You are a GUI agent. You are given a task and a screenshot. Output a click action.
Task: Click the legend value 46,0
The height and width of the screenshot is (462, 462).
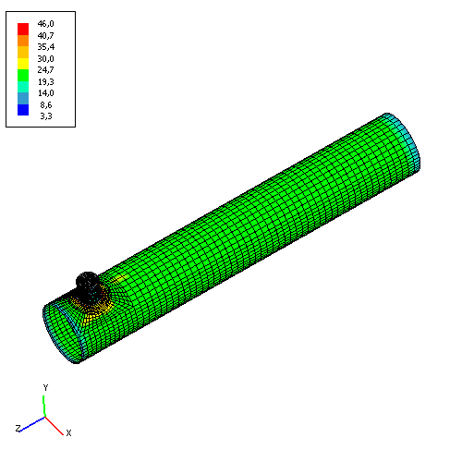click(x=45, y=24)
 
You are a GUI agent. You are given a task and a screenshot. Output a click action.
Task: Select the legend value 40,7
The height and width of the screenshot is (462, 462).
click(x=45, y=35)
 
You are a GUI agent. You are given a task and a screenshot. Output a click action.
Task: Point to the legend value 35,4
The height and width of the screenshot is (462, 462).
click(x=46, y=47)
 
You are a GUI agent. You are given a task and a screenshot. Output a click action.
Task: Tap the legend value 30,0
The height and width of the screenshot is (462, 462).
click(x=45, y=58)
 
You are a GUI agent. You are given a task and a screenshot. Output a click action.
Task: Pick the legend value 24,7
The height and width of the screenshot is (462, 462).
click(x=45, y=70)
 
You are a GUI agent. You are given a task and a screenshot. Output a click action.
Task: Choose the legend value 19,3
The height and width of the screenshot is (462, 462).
click(x=46, y=81)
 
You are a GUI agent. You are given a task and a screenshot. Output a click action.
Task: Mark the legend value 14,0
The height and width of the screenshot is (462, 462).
click(x=46, y=93)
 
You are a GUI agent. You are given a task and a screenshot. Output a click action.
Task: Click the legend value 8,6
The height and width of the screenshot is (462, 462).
click(x=46, y=104)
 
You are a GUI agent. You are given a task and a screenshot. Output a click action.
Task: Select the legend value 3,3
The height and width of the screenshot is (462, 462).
click(x=46, y=116)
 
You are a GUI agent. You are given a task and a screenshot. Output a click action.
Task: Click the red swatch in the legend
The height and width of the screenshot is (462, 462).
click(x=23, y=29)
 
